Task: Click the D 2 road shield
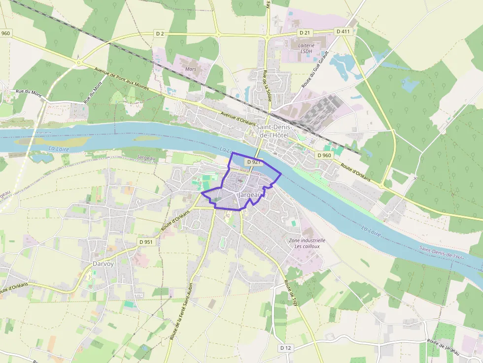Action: pos(159,33)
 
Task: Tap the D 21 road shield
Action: pos(305,33)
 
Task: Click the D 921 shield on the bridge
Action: pos(253,162)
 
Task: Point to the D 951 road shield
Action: pos(146,242)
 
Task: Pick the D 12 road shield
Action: pos(285,348)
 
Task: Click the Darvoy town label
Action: pos(103,264)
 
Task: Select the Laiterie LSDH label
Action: pos(306,48)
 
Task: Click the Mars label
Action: pos(191,69)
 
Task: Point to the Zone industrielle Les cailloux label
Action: pos(307,243)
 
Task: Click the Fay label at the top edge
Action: pos(269,4)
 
